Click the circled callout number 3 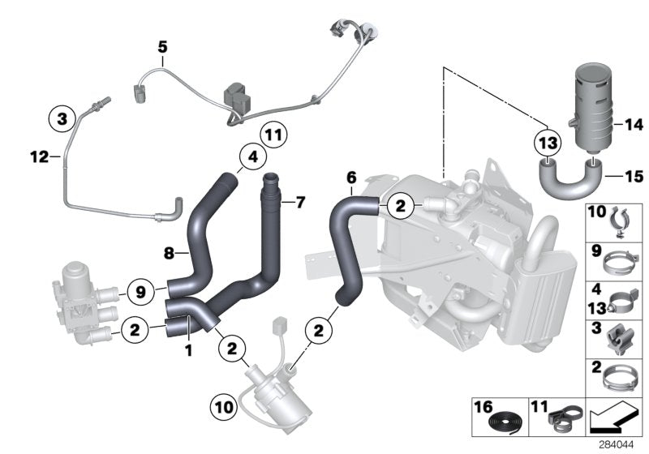pyautogui.click(x=61, y=118)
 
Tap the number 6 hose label pyautogui.click(x=350, y=176)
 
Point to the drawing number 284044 pyautogui.click(x=618, y=444)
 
